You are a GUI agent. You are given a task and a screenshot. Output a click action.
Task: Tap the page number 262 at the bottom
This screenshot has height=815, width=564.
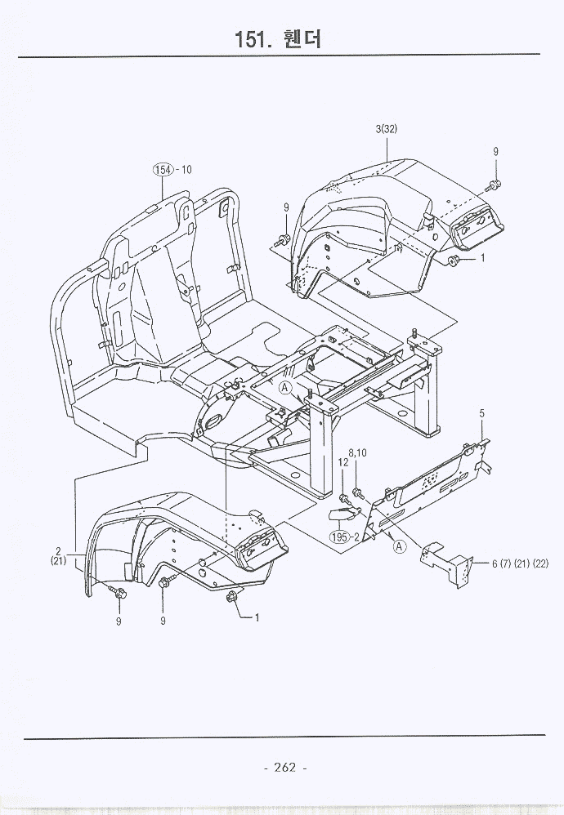tap(284, 767)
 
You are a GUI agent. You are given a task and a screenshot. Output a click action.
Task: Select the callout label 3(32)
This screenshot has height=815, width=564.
tap(387, 129)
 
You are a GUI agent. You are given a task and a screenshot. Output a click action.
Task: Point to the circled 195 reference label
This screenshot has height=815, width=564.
tap(339, 537)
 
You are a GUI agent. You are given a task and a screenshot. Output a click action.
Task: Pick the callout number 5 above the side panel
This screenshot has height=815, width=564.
tap(482, 414)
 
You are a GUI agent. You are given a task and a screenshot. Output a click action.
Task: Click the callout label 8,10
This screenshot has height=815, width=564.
tap(358, 452)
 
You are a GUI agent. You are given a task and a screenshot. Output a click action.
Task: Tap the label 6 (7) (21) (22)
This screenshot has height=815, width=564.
tap(520, 563)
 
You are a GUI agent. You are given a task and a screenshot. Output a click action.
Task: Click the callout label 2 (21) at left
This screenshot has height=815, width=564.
tap(58, 554)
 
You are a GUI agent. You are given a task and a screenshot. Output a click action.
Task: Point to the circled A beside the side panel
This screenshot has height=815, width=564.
tap(399, 546)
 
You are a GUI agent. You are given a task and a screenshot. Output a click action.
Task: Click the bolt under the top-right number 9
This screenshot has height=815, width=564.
tap(495, 183)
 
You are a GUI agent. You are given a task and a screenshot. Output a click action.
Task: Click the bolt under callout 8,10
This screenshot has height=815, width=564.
tap(357, 492)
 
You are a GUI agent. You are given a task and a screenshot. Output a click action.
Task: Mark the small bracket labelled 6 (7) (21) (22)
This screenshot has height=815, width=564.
tap(446, 561)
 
